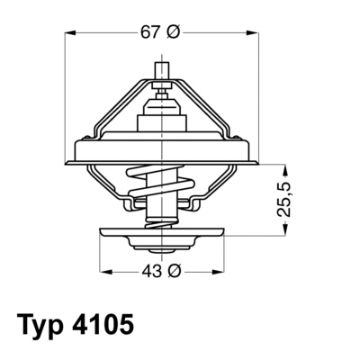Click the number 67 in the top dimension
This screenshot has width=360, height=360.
click(x=151, y=32)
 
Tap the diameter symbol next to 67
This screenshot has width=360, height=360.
click(x=175, y=32)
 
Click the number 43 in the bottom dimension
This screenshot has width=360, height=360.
click(x=151, y=270)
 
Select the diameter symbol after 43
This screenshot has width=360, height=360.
click(x=175, y=270)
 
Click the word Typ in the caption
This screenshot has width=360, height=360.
click(x=42, y=323)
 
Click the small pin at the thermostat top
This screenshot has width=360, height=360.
click(x=162, y=69)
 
